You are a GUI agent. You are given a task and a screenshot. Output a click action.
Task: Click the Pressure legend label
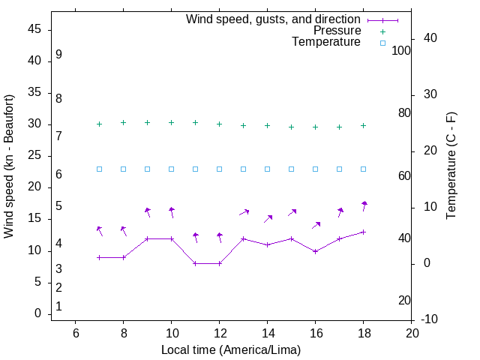[337, 31]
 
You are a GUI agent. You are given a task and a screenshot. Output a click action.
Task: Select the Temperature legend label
[326, 42]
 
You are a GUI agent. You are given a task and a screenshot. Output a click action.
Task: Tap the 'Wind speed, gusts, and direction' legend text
[273, 19]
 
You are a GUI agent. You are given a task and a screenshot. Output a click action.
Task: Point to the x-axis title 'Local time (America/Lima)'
[231, 349]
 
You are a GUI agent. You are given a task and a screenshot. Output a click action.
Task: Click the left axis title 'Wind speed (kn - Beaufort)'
[9, 166]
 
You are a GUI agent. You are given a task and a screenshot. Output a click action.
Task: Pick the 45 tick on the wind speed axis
[34, 29]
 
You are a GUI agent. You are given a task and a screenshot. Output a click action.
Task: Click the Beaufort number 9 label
[58, 55]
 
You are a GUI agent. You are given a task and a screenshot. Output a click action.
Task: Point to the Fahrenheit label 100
[402, 50]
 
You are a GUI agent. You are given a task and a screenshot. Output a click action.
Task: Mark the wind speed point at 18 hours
[364, 232]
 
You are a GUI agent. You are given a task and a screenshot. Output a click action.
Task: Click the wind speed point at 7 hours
[99, 257]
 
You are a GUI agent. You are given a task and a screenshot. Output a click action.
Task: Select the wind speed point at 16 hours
[316, 251]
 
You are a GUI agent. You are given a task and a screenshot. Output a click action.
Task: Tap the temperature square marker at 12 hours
[220, 169]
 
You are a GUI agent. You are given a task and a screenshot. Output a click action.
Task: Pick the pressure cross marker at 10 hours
[172, 122]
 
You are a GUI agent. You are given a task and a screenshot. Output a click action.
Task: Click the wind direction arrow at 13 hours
[244, 212]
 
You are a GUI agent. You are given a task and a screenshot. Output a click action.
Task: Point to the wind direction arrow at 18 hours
[364, 205]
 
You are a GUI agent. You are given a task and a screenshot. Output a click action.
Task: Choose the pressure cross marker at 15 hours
[292, 127]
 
